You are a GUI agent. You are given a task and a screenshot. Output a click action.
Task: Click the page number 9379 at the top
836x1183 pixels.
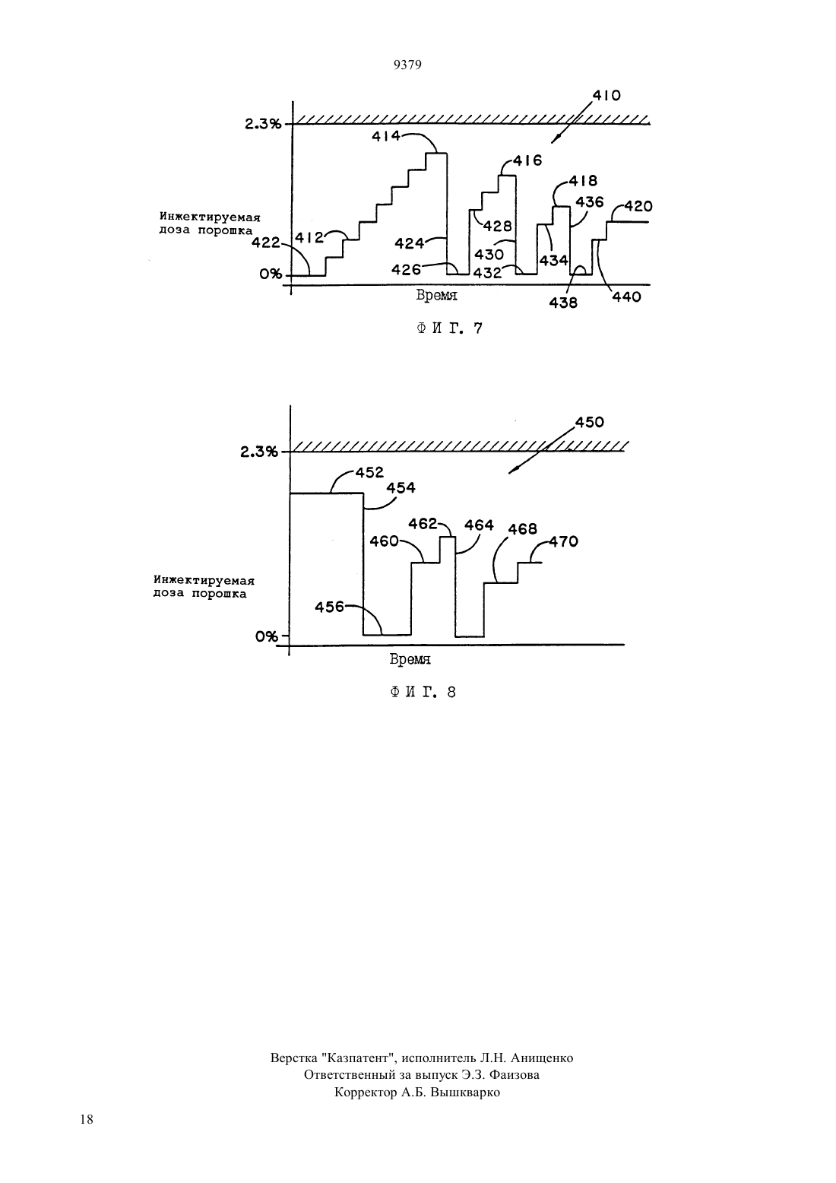click(407, 65)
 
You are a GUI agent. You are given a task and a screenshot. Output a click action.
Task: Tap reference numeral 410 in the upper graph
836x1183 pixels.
click(606, 96)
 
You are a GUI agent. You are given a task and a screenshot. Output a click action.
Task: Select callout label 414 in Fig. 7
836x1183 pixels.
click(386, 136)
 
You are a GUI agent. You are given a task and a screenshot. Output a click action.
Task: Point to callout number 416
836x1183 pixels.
click(527, 160)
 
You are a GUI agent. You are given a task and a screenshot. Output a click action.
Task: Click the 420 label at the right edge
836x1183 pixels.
click(638, 207)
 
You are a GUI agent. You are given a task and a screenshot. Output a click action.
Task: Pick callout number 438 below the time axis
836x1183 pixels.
click(563, 303)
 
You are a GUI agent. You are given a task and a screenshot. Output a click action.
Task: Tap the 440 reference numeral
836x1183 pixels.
click(626, 297)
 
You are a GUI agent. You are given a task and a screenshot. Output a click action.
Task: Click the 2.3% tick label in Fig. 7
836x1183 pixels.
click(263, 124)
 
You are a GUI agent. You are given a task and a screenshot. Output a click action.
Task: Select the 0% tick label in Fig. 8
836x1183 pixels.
click(267, 637)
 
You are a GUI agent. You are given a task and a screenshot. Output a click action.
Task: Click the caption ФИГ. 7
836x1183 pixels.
click(450, 328)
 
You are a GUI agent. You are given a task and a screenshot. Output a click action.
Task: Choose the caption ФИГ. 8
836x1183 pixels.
click(423, 693)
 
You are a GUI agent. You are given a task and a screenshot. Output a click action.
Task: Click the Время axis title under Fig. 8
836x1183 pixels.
click(410, 659)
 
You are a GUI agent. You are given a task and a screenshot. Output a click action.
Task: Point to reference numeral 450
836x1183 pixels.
click(589, 423)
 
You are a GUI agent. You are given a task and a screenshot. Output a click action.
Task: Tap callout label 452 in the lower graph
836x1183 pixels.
click(369, 472)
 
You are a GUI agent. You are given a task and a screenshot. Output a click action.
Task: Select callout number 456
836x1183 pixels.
click(329, 607)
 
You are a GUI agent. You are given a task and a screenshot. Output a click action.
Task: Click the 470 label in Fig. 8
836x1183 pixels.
click(564, 541)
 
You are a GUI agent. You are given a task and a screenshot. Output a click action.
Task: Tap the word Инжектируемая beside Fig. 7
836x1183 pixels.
click(210, 217)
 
